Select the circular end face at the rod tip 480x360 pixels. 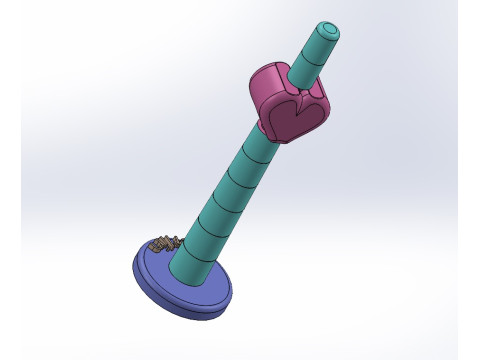[328, 31]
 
